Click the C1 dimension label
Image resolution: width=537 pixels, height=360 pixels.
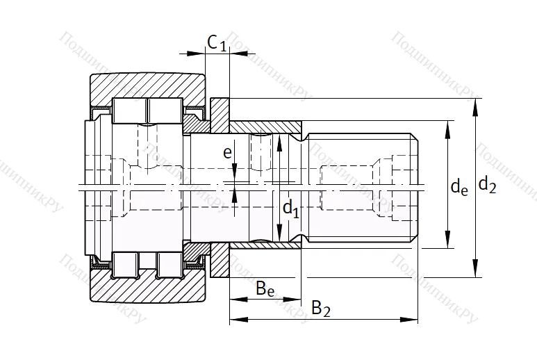(217, 43)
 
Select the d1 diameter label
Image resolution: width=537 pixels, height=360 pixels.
(290, 208)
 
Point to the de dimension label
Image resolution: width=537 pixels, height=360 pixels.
(458, 186)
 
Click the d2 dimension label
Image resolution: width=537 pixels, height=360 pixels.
(488, 186)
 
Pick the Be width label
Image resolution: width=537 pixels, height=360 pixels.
(264, 287)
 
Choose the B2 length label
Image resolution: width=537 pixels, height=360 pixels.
(320, 309)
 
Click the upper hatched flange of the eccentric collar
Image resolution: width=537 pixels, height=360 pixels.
(220, 115)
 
